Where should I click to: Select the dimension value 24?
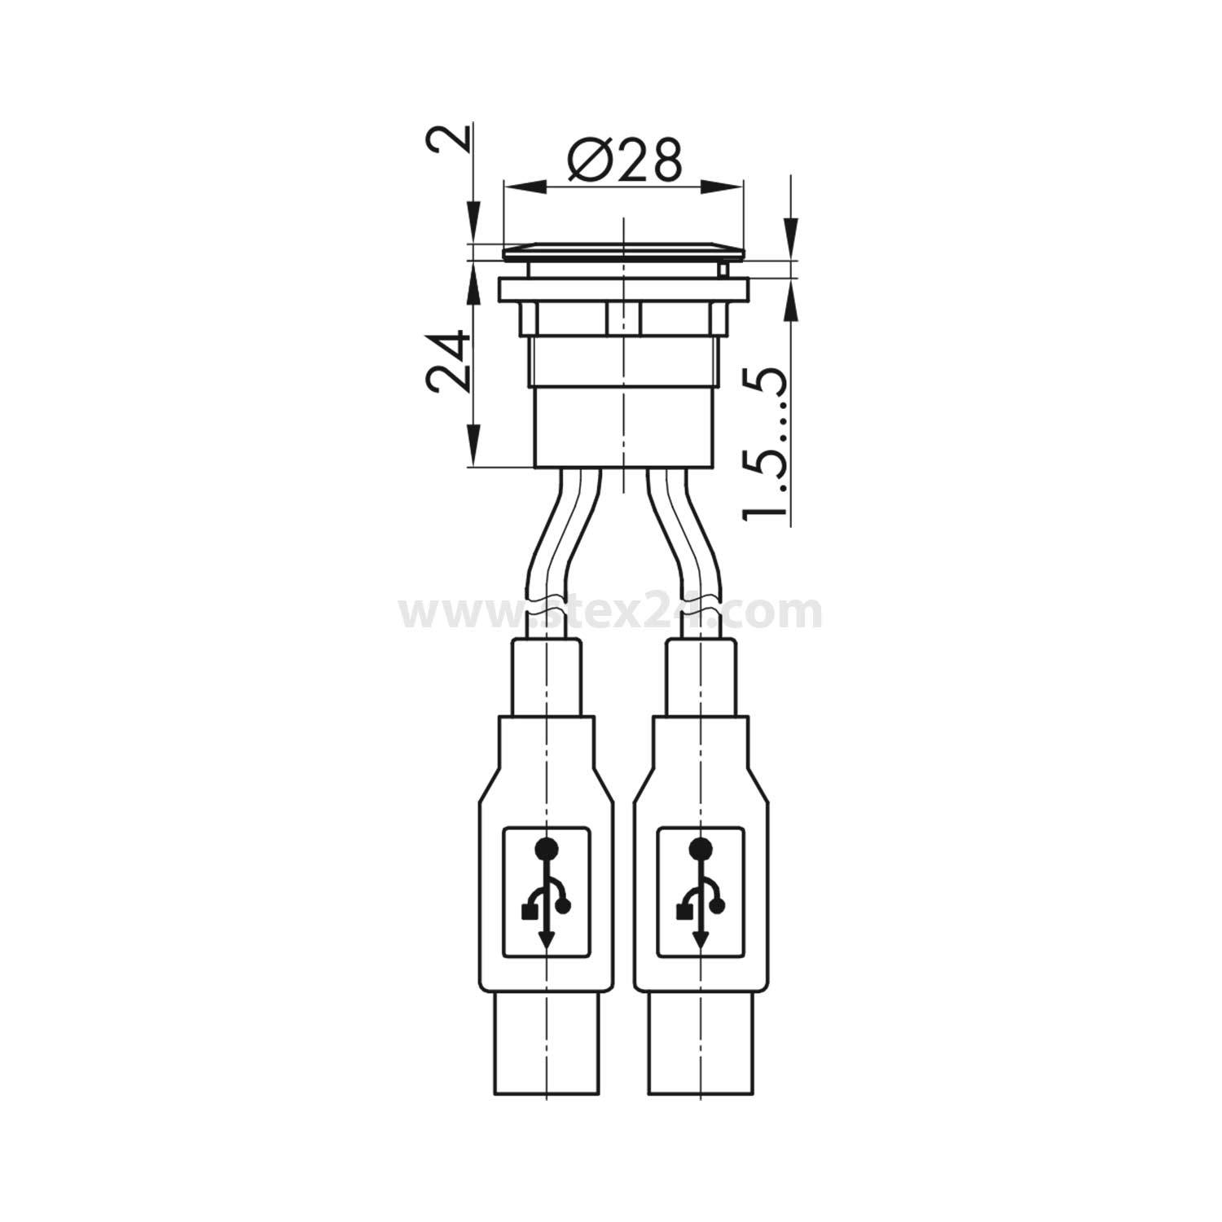(449, 361)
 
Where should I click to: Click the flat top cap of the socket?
(623, 251)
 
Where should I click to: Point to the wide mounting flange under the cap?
(623, 290)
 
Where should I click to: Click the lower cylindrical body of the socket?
(623, 428)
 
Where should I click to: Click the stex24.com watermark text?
(611, 612)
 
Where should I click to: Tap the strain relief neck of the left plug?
(546, 676)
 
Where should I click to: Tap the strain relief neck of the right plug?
(701, 676)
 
